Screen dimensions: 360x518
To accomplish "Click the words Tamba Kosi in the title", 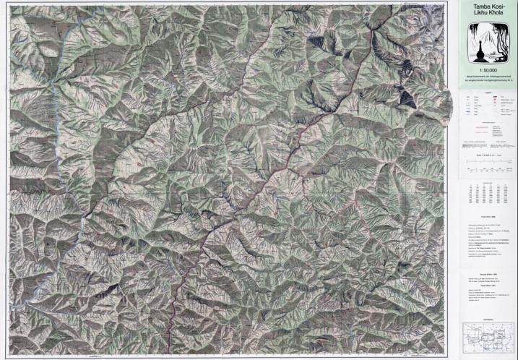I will click(488, 7).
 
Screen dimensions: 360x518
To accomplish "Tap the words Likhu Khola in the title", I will click(488, 14).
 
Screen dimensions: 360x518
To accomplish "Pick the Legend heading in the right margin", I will click(488, 93).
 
